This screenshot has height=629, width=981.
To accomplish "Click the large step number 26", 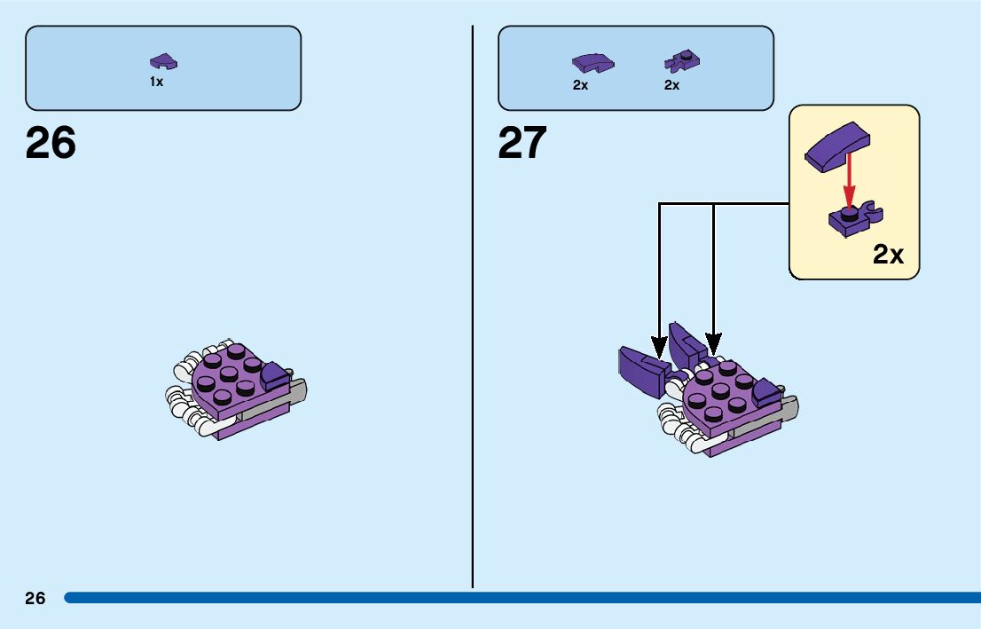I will pyautogui.click(x=51, y=143).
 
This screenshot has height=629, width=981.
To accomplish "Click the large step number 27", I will pyautogui.click(x=522, y=143).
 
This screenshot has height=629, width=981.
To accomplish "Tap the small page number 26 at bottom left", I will pyautogui.click(x=35, y=598).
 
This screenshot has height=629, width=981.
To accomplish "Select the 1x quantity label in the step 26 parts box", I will pyautogui.click(x=156, y=82).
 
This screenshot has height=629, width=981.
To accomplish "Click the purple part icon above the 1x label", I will pyautogui.click(x=163, y=61).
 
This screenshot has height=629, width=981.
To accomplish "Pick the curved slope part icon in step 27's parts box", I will pyautogui.click(x=593, y=63).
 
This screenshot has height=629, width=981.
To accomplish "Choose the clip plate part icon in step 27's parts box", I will pyautogui.click(x=681, y=61).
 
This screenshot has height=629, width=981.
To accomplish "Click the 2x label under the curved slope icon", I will pyautogui.click(x=580, y=86).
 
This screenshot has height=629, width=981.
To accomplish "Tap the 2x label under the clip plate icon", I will pyautogui.click(x=671, y=86).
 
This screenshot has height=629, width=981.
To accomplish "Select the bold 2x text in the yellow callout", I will pyautogui.click(x=888, y=255).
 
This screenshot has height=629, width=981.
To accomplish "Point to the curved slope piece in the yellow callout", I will pyautogui.click(x=836, y=145).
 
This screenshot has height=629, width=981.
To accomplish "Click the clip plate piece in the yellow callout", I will pyautogui.click(x=854, y=219).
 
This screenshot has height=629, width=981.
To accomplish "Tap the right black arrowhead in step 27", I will pyautogui.click(x=713, y=343).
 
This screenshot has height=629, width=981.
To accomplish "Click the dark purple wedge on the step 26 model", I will pyautogui.click(x=274, y=376).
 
